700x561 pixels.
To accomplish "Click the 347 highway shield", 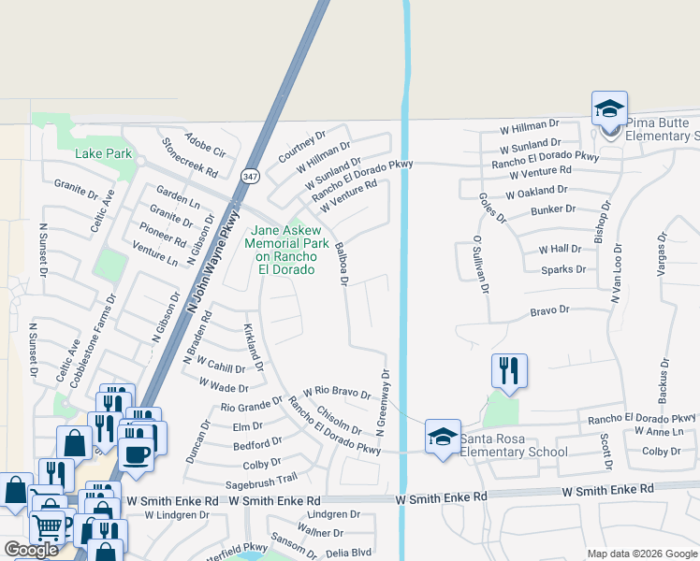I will click(249, 176).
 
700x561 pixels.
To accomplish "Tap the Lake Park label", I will click(103, 153).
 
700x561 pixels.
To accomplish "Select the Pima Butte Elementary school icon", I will click(609, 108).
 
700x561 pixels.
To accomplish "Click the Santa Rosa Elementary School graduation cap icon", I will click(443, 437).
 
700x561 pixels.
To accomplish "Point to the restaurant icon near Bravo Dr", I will click(509, 370).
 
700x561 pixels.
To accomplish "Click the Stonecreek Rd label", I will click(190, 159).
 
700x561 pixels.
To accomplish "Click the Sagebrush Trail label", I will click(261, 483).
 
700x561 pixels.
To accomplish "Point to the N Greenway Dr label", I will click(383, 402).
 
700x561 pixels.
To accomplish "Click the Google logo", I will click(31, 550).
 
